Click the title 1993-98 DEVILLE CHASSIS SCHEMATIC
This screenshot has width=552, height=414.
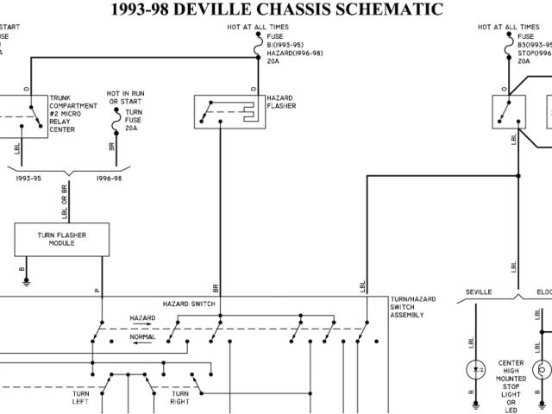point(277,10)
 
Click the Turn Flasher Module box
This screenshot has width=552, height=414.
point(61,239)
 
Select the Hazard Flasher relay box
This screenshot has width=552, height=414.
point(228,110)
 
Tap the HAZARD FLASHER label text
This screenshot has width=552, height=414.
point(281,102)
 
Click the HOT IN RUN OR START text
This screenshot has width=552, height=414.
point(126,97)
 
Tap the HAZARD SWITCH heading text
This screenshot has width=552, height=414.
point(189,304)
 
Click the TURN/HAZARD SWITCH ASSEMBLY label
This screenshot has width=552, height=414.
point(412,306)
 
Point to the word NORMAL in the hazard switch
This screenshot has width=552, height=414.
point(142,337)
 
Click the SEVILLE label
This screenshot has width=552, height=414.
point(479,292)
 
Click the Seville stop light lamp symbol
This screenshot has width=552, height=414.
point(473,371)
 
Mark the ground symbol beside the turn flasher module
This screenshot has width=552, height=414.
point(27,279)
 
